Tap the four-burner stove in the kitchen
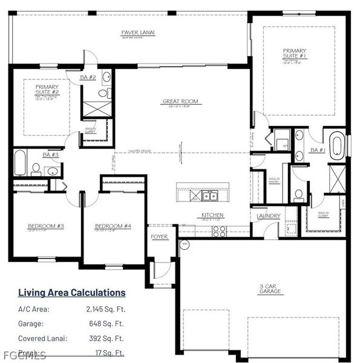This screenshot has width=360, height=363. pos(219,231)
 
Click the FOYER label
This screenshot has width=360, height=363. pos(159,237)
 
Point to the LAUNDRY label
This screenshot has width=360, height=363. pos(268,216)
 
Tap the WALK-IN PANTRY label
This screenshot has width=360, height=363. pos(274,180)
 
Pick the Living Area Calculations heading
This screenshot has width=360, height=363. pos(71,293)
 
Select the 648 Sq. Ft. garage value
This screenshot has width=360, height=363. pos(105,323)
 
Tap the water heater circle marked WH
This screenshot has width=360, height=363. pos(185,245)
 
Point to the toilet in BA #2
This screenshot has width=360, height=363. pos(107,93)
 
